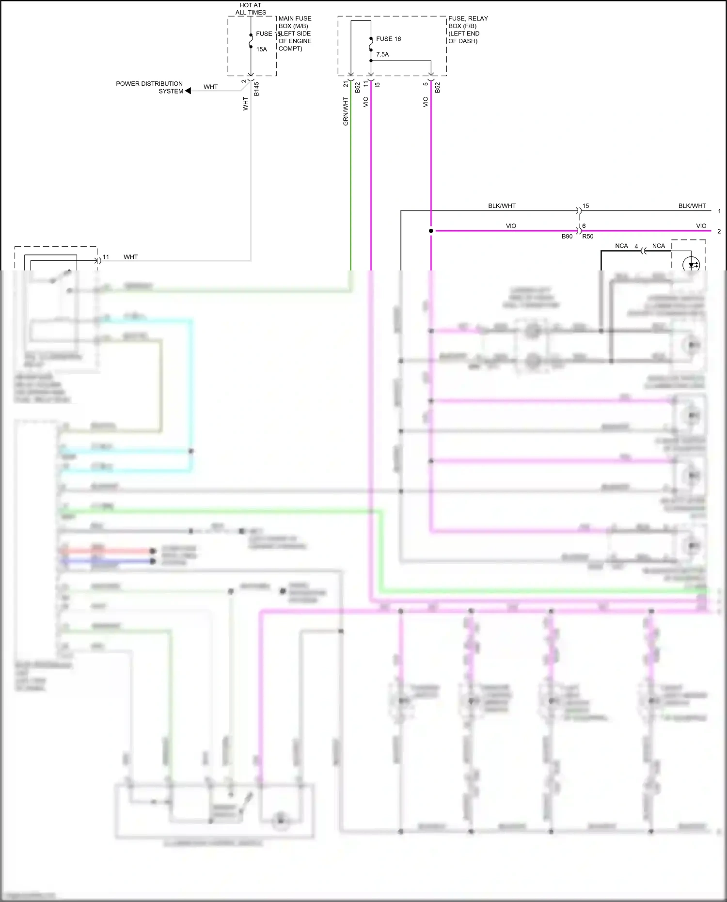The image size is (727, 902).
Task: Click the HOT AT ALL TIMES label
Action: pos(251,9)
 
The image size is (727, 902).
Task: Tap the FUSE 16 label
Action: pos(388,39)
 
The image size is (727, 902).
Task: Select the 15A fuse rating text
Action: pos(261,49)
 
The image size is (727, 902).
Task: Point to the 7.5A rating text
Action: pos(382,54)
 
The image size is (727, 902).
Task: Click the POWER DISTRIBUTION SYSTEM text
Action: pos(149,87)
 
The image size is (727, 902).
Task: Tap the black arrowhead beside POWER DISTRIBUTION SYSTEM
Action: pos(188,91)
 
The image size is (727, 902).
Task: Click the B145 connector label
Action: pos(256,89)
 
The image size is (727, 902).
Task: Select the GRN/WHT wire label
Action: pos(346,111)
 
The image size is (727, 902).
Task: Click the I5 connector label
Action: pos(378,84)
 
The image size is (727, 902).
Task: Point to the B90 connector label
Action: pos(567,237)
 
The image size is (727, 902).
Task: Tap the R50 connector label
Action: pos(587,237)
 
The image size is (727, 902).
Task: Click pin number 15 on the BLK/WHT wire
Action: pos(585,206)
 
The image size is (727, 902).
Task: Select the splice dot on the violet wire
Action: pos(431,231)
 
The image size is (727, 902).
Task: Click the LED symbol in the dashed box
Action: pos(691,265)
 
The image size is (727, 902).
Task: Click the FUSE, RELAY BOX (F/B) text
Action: pos(468,22)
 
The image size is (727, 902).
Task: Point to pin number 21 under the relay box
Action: pos(346,84)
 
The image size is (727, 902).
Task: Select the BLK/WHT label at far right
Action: pos(692,206)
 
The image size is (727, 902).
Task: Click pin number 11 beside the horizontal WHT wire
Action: pos(106,257)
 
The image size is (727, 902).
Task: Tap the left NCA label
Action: pos(621,246)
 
